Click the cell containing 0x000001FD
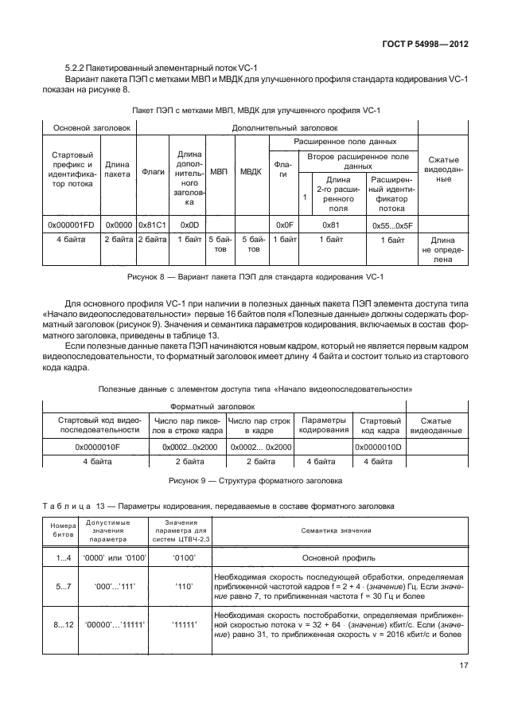71,226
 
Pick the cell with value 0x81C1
153,226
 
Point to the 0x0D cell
189,226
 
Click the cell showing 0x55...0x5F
387,226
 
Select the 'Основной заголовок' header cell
88,127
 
